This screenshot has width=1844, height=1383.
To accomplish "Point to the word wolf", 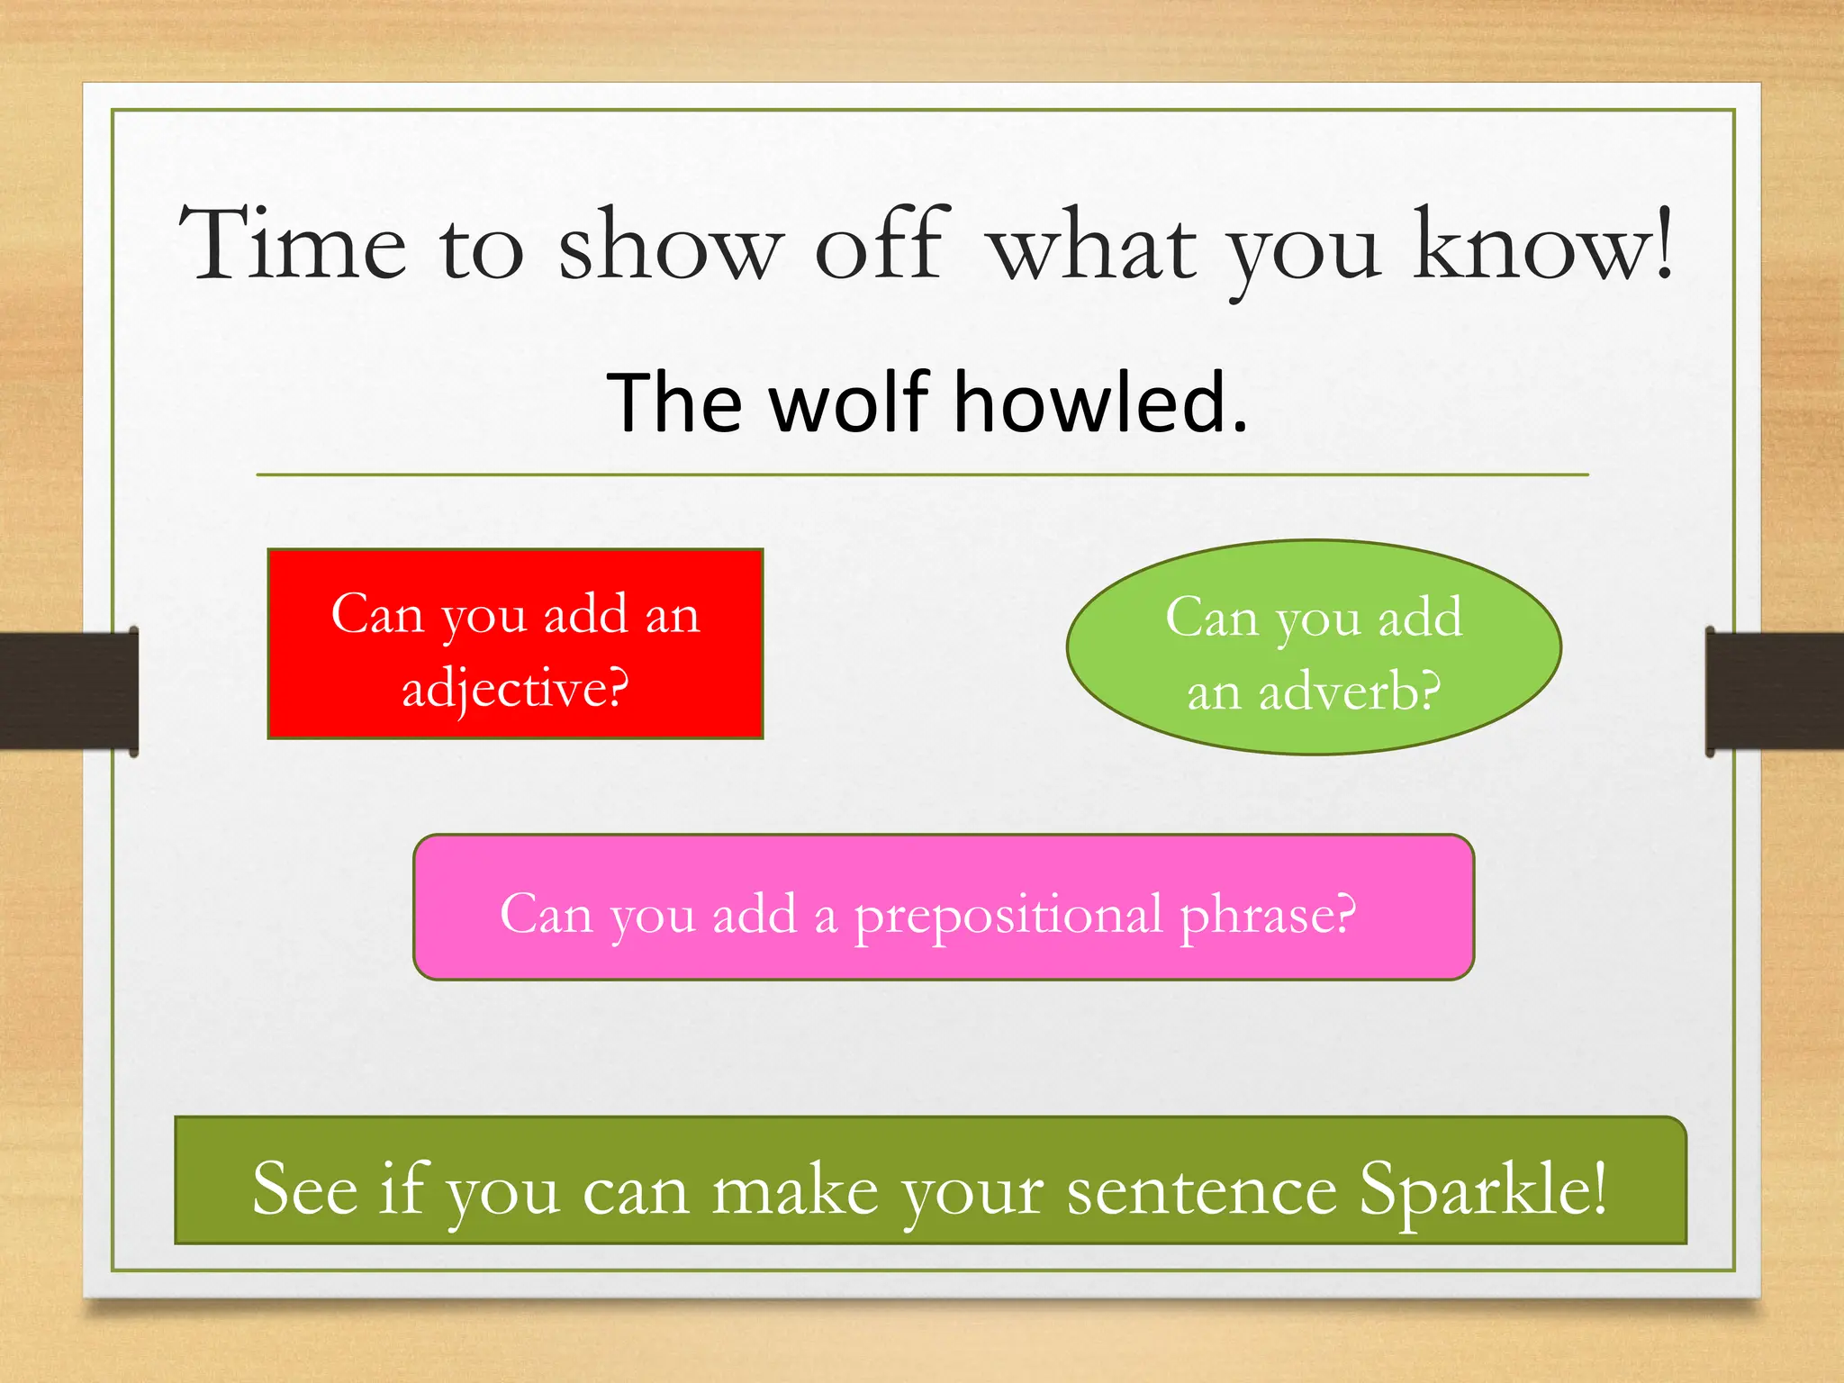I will pyautogui.click(x=850, y=402).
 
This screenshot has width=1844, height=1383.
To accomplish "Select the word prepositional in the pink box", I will pyautogui.click(x=1008, y=916).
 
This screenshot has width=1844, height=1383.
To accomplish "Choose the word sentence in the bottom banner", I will pyautogui.click(x=1201, y=1192).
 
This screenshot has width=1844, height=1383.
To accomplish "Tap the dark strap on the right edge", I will pyautogui.click(x=1774, y=691).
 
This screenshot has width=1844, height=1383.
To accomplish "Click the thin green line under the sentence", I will pyautogui.click(x=922, y=475).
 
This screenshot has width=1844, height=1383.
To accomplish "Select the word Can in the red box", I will pyautogui.click(x=376, y=615).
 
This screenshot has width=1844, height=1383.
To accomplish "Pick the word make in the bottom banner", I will pyautogui.click(x=794, y=1192).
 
